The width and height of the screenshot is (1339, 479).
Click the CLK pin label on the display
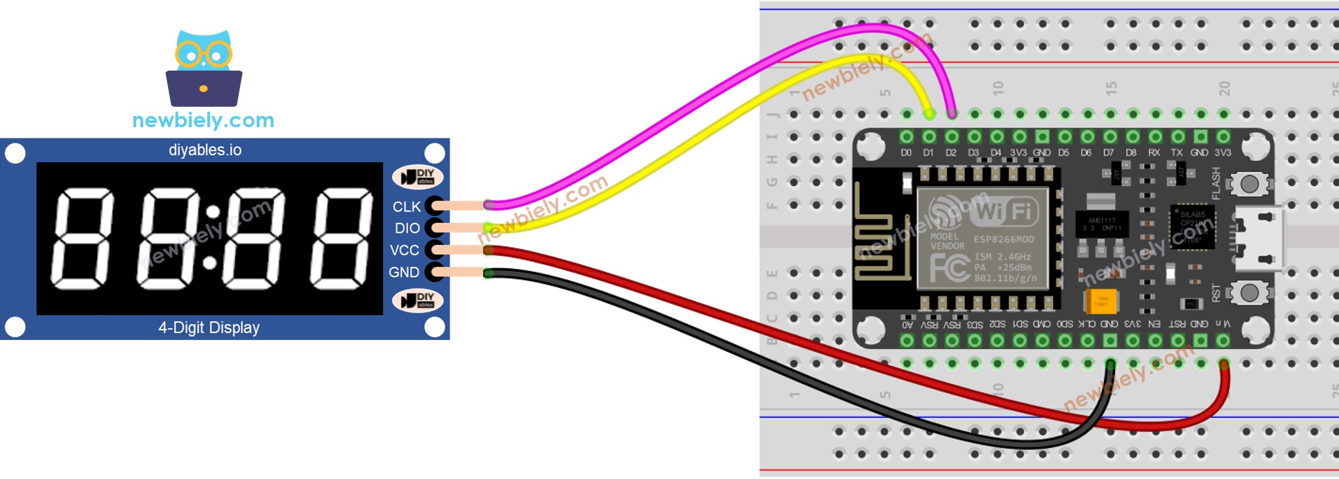(406, 207)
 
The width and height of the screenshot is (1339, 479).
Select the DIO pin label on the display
(407, 228)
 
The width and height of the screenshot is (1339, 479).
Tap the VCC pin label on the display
(404, 250)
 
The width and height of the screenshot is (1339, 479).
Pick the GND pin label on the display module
(404, 272)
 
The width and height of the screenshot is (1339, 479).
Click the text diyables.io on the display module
(205, 150)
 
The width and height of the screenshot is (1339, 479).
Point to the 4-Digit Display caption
(209, 328)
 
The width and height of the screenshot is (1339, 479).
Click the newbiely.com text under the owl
(203, 120)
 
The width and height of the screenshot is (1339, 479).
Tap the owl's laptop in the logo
(203, 89)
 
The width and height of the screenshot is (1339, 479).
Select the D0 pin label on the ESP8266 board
(906, 153)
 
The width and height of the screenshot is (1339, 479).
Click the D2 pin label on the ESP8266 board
(951, 153)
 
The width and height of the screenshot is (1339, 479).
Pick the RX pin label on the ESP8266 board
(1154, 153)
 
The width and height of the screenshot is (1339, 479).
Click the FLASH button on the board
(1249, 184)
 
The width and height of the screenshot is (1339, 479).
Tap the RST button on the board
(1249, 292)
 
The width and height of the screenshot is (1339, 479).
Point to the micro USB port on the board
(1259, 239)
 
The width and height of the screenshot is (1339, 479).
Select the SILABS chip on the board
(1192, 227)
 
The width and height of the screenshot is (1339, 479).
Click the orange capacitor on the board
(1101, 302)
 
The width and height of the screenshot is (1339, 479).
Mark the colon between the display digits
(211, 238)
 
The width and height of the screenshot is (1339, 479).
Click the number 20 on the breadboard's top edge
(1224, 88)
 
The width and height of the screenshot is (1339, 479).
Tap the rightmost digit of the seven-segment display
(342, 239)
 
